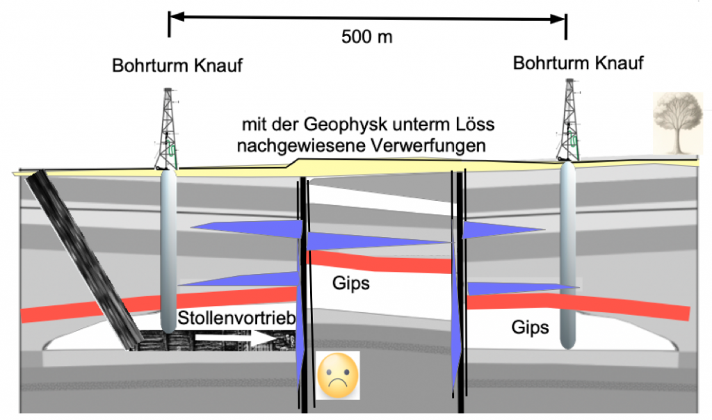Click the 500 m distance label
(367, 37)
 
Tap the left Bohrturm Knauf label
(177, 65)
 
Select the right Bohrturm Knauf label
(578, 63)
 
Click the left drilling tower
(167, 129)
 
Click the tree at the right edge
(677, 122)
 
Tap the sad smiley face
(338, 375)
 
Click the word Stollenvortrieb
(236, 318)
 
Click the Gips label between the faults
(351, 283)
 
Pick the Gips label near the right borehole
(530, 328)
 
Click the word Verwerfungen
(428, 146)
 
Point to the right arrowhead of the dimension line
(558, 19)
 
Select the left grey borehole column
(168, 250)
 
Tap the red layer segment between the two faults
(380, 262)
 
